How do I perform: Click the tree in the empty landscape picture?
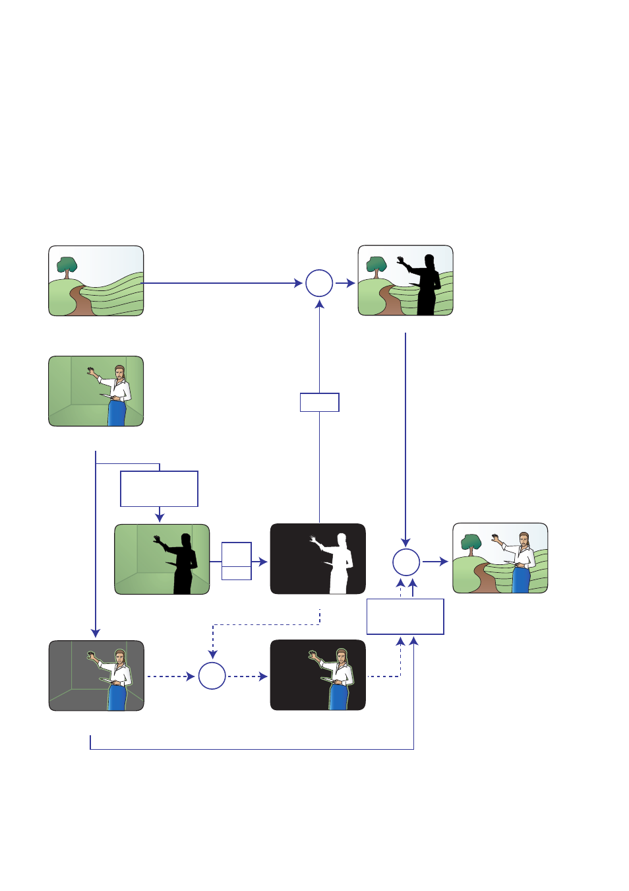(x=67, y=266)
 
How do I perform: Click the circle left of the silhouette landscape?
(x=319, y=283)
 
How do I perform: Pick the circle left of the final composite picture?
(x=406, y=562)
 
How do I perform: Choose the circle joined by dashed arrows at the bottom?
(x=212, y=676)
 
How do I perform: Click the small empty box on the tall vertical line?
(x=319, y=402)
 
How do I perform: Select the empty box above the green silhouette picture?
(x=159, y=488)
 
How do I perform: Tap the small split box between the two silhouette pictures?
(x=236, y=561)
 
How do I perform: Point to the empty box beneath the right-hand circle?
(x=405, y=616)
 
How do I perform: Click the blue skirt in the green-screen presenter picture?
(x=117, y=412)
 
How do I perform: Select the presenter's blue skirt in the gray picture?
(x=117, y=697)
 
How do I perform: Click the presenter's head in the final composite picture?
(x=524, y=538)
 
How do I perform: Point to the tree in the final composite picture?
(x=471, y=543)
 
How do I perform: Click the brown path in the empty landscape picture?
(x=83, y=302)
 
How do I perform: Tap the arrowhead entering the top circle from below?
(x=319, y=305)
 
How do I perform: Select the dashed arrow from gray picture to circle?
(x=170, y=676)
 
